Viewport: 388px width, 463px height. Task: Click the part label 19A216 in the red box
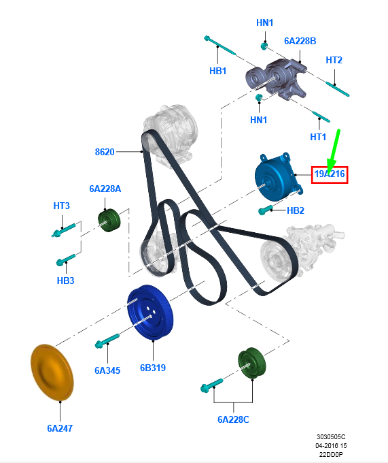330,174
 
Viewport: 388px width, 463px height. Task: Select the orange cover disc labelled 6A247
52,372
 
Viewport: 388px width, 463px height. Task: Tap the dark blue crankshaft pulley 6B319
150,313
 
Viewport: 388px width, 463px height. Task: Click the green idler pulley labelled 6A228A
109,220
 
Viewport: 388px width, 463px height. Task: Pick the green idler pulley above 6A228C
252,363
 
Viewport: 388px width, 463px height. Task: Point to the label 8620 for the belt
105,152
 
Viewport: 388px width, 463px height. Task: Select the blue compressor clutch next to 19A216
277,178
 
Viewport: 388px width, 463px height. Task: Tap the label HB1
217,71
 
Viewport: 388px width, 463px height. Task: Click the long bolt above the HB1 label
220,46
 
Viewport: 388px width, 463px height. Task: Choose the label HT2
334,60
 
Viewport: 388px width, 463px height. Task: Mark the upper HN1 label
264,22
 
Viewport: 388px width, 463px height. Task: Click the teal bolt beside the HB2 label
266,210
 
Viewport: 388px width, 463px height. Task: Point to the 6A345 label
107,370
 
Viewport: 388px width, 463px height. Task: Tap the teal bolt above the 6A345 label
107,340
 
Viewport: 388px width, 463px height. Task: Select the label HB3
65,281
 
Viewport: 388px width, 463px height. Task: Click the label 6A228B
300,41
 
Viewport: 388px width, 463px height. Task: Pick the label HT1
318,137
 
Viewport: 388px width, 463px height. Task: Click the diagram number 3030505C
331,436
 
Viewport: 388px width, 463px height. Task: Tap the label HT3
61,206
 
